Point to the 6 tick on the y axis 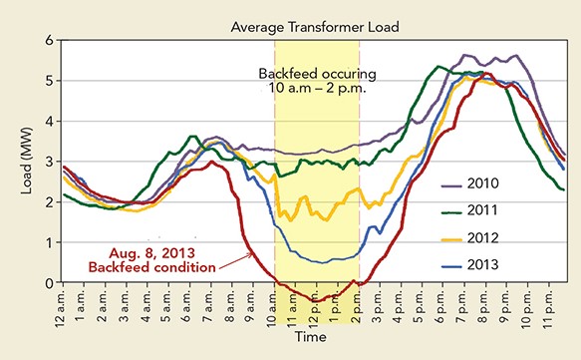point(47,40)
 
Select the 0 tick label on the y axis point(47,283)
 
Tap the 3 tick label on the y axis point(47,162)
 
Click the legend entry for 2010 point(503,184)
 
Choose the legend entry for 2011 point(503,211)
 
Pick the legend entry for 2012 point(503,238)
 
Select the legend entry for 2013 point(503,265)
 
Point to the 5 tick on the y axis point(47,81)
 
